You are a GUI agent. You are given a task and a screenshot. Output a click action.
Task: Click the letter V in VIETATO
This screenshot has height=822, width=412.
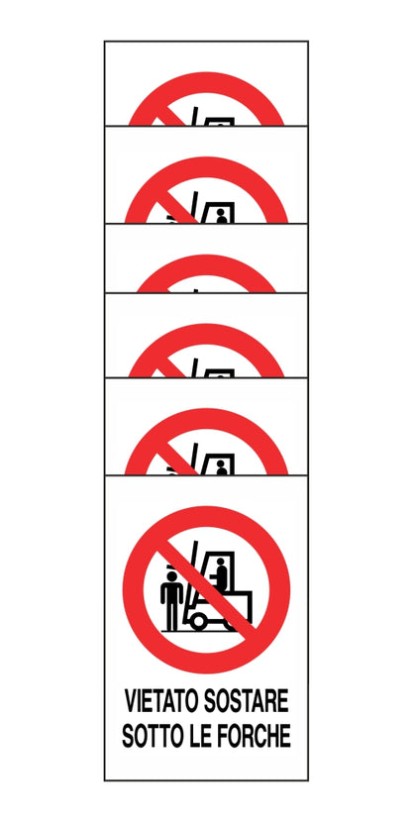130,703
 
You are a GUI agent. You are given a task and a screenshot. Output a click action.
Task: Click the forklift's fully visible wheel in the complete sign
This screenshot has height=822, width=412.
199,620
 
